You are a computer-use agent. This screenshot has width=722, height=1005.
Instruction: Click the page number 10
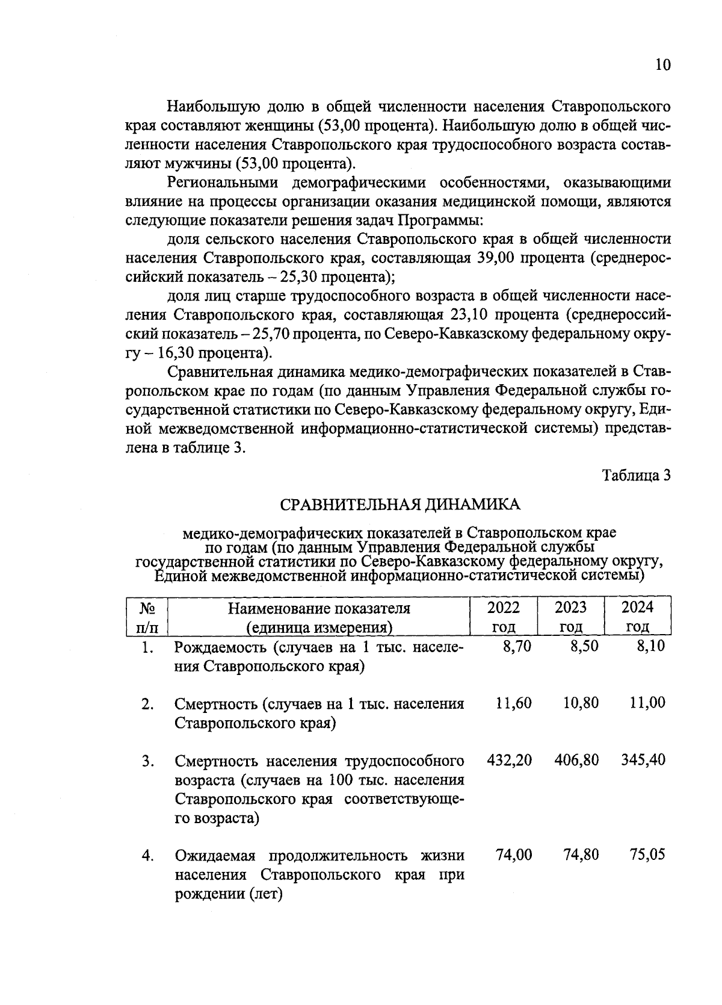pos(662,65)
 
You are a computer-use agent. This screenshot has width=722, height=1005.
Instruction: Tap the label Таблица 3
pos(637,475)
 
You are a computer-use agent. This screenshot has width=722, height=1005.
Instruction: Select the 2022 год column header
pos(503,616)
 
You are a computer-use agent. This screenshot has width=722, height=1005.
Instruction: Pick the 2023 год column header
pos(570,616)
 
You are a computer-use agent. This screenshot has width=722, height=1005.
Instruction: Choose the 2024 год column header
pos(637,616)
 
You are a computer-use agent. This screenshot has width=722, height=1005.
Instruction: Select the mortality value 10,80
pos(581,703)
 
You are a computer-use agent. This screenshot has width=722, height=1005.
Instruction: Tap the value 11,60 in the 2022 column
pos(513,703)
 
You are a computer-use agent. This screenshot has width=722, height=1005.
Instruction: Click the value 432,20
pos(509,760)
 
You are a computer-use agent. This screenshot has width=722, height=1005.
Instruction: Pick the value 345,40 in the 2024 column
pos(643,760)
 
